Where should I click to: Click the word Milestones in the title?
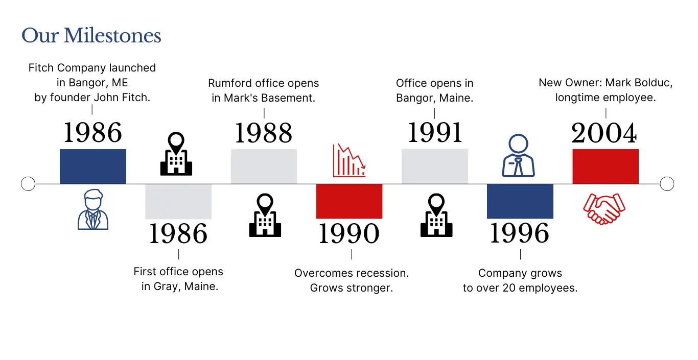(x=112, y=36)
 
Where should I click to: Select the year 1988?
(x=264, y=133)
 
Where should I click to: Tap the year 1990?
(x=349, y=233)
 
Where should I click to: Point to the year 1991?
(x=435, y=133)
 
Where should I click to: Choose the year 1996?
(x=520, y=233)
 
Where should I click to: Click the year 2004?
(x=604, y=133)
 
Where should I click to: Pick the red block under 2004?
(x=606, y=166)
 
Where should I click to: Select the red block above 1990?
(x=350, y=202)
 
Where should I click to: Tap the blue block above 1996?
(x=520, y=202)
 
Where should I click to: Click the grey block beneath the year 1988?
(x=264, y=166)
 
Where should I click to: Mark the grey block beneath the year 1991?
(x=435, y=166)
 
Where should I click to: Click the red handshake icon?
(x=604, y=209)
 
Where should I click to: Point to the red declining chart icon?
(x=349, y=160)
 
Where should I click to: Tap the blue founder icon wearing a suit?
(x=93, y=209)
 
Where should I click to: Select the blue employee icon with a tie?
(x=518, y=155)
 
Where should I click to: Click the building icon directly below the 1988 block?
(x=265, y=215)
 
